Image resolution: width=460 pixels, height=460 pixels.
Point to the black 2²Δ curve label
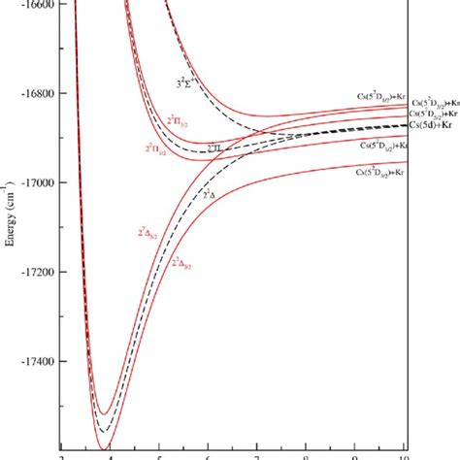point(212,194)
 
